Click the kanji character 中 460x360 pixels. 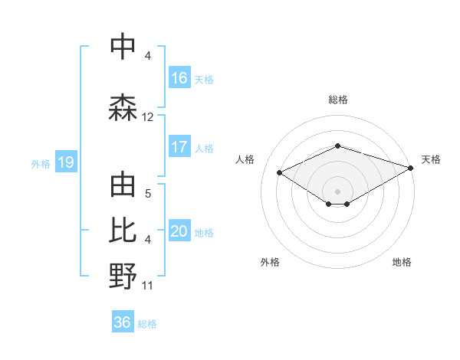tap(123, 47)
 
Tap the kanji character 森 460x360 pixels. tap(123, 108)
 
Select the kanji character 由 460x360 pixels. tap(123, 186)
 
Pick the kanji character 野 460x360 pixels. tap(123, 277)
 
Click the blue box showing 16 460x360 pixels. tap(179, 78)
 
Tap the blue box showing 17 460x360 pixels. tap(179, 147)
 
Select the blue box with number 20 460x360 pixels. tap(179, 232)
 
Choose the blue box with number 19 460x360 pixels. tap(66, 162)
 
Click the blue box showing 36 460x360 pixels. tap(123, 322)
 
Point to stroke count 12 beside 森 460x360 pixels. tap(148, 117)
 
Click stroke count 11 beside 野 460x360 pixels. tap(148, 286)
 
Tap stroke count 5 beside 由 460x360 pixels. tap(148, 194)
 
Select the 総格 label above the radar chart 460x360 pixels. tap(338, 100)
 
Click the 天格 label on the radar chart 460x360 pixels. tap(431, 159)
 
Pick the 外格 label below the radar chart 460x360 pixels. tap(270, 262)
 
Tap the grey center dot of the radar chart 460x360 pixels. tap(338, 190)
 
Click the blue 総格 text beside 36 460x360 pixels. tap(147, 323)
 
